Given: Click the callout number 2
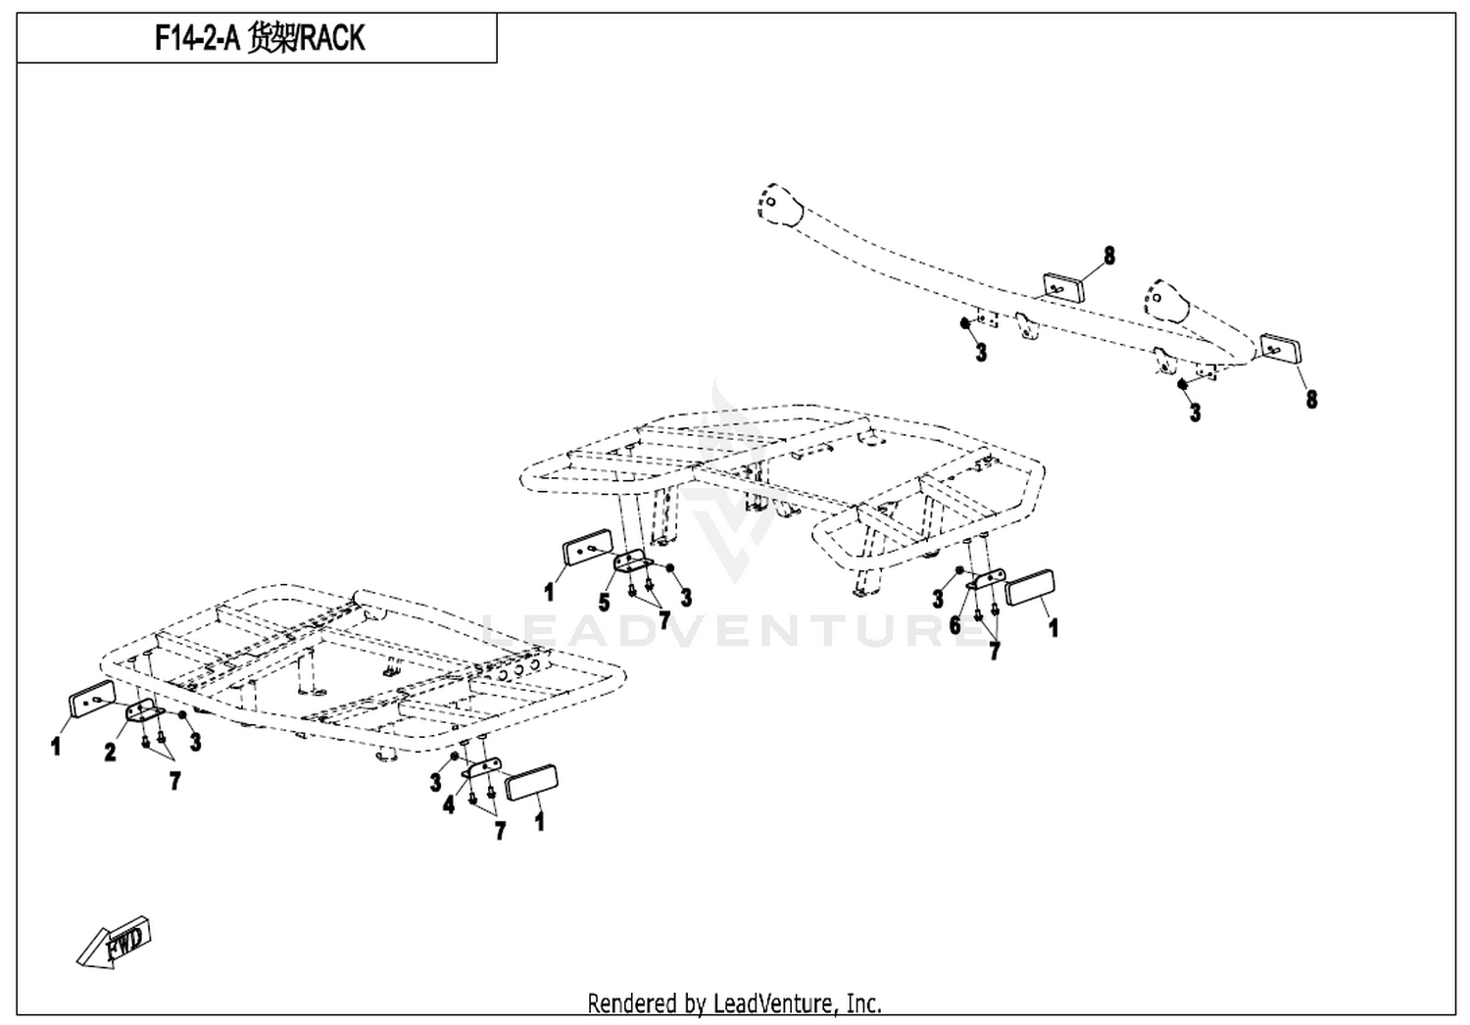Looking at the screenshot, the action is tap(110, 752).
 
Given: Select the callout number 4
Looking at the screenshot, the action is tap(449, 805).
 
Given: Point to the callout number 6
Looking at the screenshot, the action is tap(955, 625).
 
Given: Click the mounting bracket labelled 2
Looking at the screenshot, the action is tap(145, 710).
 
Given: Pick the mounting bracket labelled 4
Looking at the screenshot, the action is tap(482, 768).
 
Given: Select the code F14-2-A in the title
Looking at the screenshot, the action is tap(197, 38).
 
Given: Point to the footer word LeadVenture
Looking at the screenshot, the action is tap(774, 1003).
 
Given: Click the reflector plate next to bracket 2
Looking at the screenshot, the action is tap(92, 699).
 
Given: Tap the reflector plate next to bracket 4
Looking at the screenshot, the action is tap(531, 782).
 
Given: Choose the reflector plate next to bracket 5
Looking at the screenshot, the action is tap(588, 547).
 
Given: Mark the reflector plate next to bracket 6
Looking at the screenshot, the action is tap(1031, 588).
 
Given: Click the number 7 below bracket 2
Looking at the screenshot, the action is tap(174, 781).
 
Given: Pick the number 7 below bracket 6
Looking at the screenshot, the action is tap(995, 651).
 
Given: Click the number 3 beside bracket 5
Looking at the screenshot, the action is tap(686, 597).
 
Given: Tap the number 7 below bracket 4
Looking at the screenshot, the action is tap(500, 831).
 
